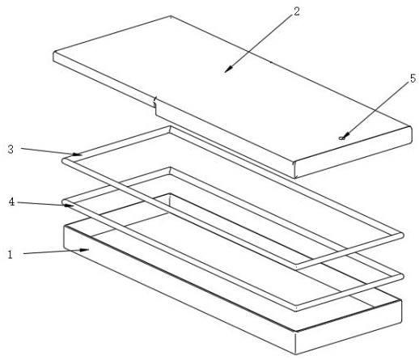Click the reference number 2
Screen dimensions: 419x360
click(296, 11)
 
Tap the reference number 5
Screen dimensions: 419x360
click(413, 78)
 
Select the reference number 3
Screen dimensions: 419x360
click(11, 149)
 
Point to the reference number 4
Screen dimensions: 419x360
click(11, 201)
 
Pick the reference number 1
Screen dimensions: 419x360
click(10, 255)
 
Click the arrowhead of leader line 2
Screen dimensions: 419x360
click(228, 70)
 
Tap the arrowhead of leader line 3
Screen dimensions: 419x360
click(78, 155)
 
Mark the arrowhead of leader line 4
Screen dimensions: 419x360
click(70, 205)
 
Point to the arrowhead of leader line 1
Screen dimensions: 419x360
click(85, 250)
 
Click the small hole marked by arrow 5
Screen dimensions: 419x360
click(341, 138)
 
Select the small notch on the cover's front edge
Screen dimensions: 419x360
click(154, 103)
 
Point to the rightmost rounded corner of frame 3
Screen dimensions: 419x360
click(401, 235)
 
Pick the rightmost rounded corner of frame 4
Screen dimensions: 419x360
click(401, 276)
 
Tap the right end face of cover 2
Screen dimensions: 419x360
click(353, 152)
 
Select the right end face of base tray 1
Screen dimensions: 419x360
click(349, 327)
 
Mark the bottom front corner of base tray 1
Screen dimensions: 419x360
click(296, 354)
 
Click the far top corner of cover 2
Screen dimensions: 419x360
click(171, 16)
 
